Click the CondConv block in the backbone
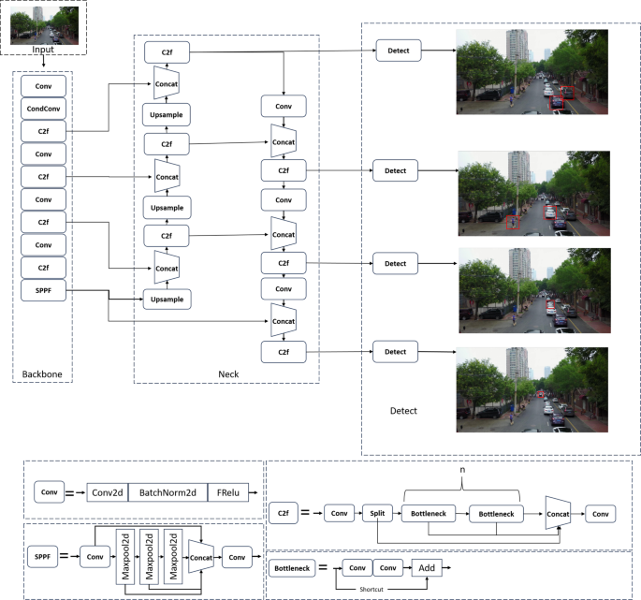44,108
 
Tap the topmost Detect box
399,50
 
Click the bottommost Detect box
395,351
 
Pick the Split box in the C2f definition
376,514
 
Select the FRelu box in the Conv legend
227,491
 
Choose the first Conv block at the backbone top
44,84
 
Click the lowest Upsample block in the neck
166,300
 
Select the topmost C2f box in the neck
166,50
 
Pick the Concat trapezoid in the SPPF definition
201,555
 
